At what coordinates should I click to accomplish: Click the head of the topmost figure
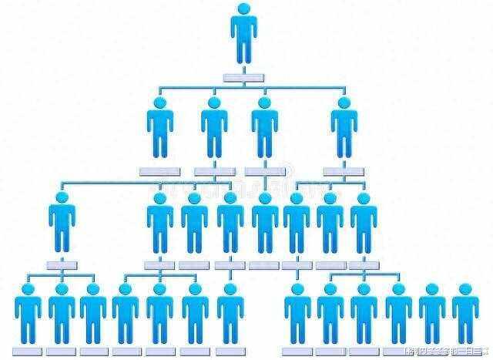[244, 10]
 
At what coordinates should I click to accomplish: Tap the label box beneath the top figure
[243, 76]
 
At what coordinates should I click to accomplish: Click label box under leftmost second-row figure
[159, 170]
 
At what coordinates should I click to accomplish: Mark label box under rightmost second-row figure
[344, 170]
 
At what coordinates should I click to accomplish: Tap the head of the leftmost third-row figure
[62, 198]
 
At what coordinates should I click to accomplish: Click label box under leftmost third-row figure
[62, 264]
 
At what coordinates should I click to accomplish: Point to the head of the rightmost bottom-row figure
[464, 290]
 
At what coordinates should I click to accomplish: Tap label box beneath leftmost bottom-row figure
[28, 351]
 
